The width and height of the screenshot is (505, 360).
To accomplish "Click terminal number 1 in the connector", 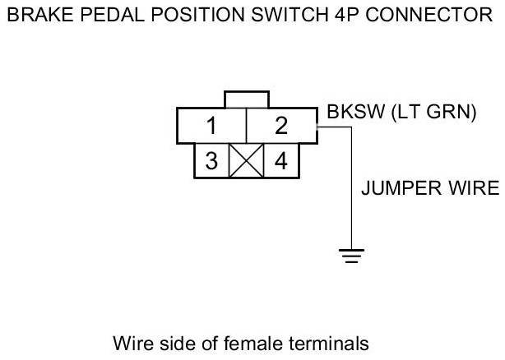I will (x=211, y=127).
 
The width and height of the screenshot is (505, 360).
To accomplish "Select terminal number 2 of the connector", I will (x=281, y=127).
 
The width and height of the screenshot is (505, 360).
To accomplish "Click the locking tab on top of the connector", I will (x=246, y=99).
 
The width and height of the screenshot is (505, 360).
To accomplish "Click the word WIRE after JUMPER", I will (x=476, y=188).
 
